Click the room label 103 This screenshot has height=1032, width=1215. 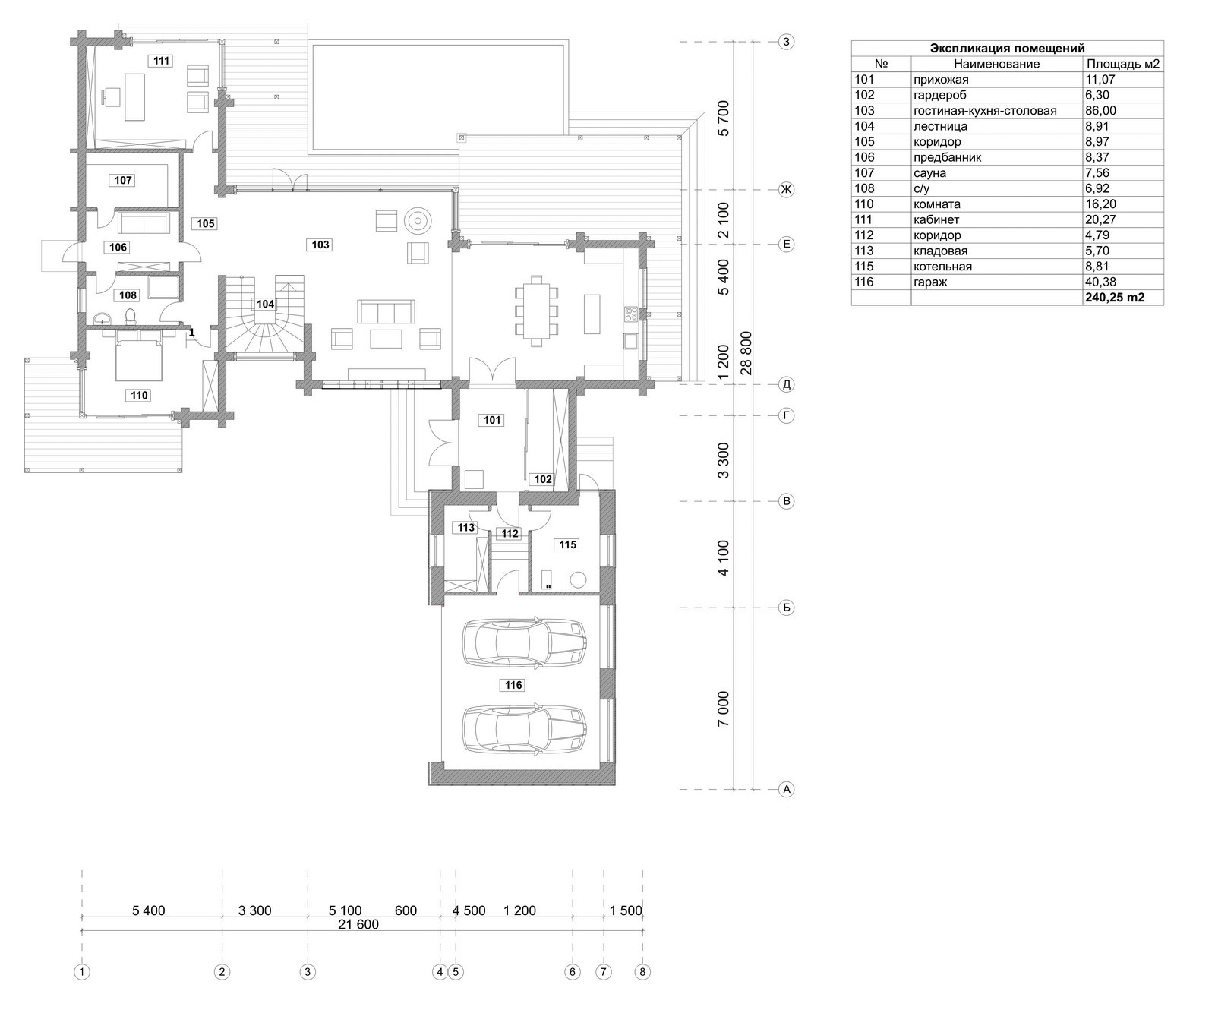(x=320, y=245)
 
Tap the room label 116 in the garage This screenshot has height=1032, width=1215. (x=513, y=686)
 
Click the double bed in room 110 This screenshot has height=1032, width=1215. (x=139, y=354)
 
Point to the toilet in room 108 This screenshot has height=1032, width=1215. (x=130, y=315)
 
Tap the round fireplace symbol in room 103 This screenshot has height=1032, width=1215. (x=416, y=219)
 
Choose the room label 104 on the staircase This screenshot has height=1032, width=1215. (x=265, y=304)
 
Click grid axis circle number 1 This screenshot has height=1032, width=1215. (x=82, y=971)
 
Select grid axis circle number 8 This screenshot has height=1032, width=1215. (x=643, y=971)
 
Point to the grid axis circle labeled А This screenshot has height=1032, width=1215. (x=787, y=790)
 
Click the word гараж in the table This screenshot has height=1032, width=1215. (x=931, y=282)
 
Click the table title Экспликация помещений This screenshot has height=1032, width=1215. (x=1008, y=49)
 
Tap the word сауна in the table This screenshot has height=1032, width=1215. (x=930, y=173)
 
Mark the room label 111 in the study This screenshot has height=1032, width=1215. (x=161, y=61)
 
